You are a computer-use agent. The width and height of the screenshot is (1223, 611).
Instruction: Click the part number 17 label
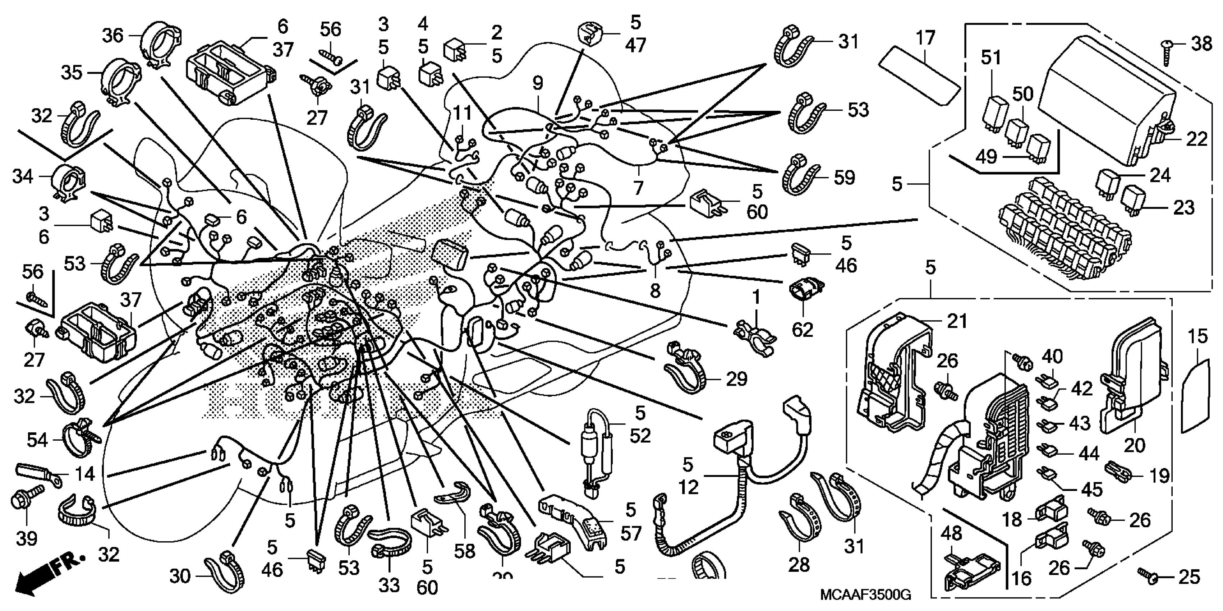click(x=925, y=38)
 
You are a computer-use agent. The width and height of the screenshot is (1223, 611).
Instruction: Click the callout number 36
click(x=112, y=36)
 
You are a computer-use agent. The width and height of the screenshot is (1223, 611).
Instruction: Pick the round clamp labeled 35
click(x=121, y=83)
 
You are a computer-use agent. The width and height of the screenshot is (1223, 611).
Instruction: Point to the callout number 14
click(x=86, y=474)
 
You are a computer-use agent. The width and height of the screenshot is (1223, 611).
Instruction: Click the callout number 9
click(x=537, y=83)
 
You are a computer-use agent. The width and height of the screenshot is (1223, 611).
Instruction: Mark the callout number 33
click(x=389, y=585)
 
